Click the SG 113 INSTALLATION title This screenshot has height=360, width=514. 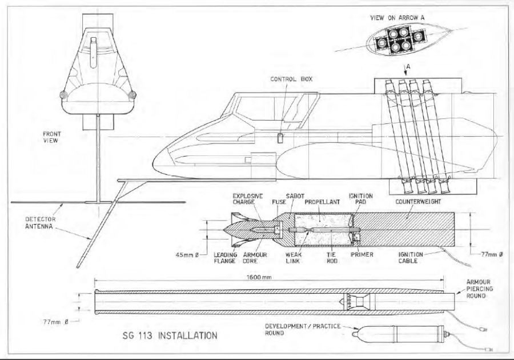(170, 335)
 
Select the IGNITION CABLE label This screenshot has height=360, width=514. (409, 257)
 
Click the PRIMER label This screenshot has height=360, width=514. (362, 254)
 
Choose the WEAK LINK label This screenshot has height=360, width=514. (295, 257)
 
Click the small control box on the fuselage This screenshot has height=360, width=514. (280, 138)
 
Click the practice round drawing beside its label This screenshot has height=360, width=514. (400, 333)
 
